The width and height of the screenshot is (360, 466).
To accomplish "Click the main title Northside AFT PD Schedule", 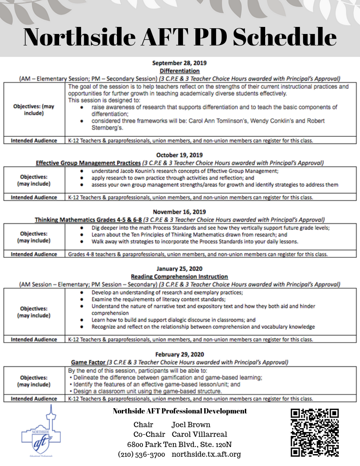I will (180, 37).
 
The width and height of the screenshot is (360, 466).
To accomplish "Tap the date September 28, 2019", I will (180, 63).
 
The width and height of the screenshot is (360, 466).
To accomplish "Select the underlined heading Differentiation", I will (180, 71).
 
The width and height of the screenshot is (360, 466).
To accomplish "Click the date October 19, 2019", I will (180, 155).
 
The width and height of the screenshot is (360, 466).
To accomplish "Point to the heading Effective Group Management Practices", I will (88, 162).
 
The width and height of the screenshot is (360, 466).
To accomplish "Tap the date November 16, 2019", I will (180, 212).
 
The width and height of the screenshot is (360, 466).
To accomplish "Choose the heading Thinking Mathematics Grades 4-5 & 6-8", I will (88, 219).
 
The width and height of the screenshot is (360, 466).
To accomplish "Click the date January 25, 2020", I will (180, 269).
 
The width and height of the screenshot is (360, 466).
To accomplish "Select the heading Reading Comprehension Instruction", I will (180, 276).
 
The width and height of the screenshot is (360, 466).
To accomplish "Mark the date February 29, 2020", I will (180, 354).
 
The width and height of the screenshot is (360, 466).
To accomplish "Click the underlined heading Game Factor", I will (88, 362).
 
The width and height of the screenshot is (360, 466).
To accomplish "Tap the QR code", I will (315, 432).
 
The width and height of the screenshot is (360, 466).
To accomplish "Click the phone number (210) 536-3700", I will (142, 454).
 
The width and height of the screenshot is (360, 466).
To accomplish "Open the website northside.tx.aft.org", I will (206, 454).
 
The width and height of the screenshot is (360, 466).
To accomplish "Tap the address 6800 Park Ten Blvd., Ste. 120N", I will (180, 444).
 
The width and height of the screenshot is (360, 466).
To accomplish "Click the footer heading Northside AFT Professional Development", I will (180, 411).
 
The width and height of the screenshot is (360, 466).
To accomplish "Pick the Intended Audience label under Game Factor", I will (34, 398).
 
